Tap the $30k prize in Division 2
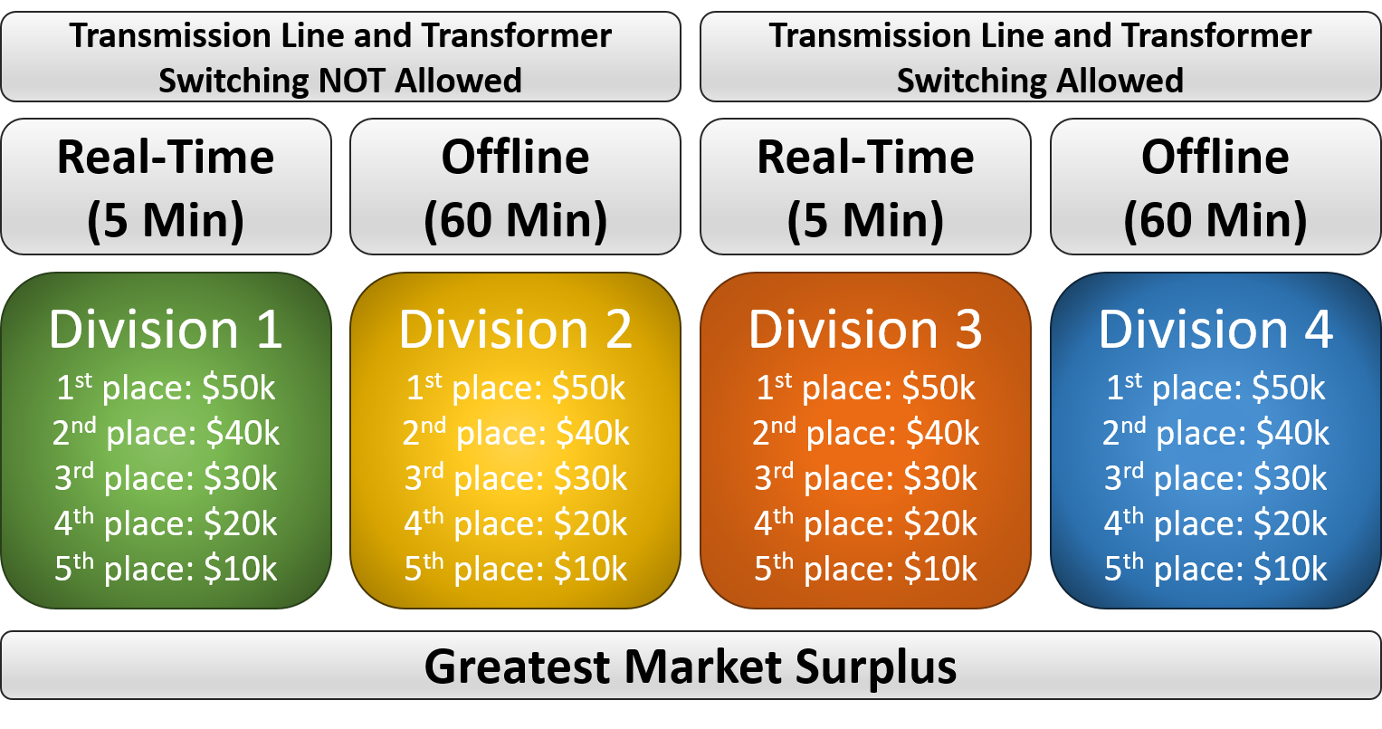(590, 478)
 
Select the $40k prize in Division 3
(942, 433)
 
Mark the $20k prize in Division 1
(240, 523)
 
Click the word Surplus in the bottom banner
(876, 668)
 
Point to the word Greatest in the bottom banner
(518, 667)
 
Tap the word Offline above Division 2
(515, 157)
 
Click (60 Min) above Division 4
(1215, 220)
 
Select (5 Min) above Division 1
(166, 220)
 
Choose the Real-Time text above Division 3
(865, 157)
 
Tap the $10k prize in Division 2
(590, 569)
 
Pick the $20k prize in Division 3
(940, 523)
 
